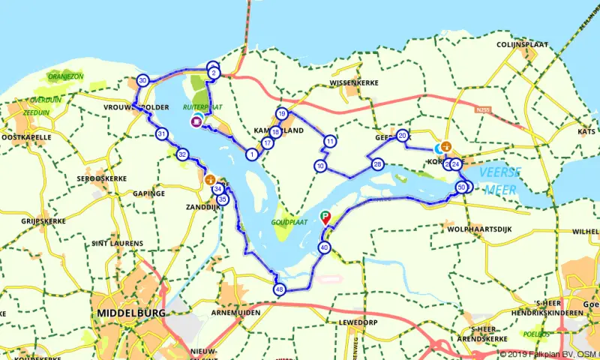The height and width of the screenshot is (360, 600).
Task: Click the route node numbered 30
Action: click(x=142, y=80)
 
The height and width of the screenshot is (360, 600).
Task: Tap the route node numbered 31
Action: click(x=161, y=134)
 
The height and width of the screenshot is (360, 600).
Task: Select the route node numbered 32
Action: click(x=182, y=154)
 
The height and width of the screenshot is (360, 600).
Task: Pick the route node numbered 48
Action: click(x=280, y=289)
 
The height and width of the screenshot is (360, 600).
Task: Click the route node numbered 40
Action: click(x=324, y=247)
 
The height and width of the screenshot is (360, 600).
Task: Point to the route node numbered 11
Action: click(x=330, y=141)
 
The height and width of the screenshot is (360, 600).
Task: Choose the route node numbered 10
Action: click(x=320, y=166)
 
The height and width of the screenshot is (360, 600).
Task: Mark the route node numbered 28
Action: click(x=377, y=164)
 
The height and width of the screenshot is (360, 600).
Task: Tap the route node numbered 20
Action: click(x=403, y=136)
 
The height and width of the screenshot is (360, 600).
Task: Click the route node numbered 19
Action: click(x=282, y=114)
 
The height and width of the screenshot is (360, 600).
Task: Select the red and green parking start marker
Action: click(x=325, y=218)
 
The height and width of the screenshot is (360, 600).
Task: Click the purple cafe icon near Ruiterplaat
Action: click(x=196, y=121)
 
